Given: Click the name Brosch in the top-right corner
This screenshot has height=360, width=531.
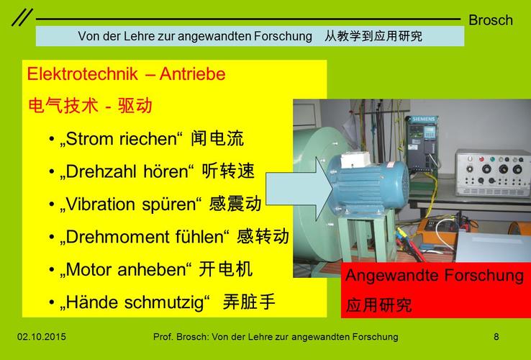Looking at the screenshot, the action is coord(491,20).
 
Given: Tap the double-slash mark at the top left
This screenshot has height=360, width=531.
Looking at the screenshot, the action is coord(22,17).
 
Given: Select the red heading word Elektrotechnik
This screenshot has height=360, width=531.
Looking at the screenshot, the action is coord(83,74).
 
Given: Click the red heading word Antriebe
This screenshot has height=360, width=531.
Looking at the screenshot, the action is coord(192,74).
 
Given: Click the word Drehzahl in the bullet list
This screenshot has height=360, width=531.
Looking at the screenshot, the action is coord(103,171).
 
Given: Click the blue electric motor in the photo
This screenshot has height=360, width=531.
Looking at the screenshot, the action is coord(368,186).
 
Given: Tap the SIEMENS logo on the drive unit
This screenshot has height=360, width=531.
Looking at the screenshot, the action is coord(423,120).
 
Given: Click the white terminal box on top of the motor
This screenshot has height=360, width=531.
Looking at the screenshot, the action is coord(355,160).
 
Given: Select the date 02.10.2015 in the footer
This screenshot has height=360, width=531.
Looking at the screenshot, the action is coord(42,337).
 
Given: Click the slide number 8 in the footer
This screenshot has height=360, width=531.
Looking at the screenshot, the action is coord(496,337).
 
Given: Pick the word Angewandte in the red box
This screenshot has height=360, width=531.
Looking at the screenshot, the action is coord(392,275).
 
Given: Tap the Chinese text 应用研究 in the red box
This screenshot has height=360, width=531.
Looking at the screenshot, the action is coord(378,305).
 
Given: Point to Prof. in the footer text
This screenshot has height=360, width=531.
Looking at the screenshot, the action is coord(163,337).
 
